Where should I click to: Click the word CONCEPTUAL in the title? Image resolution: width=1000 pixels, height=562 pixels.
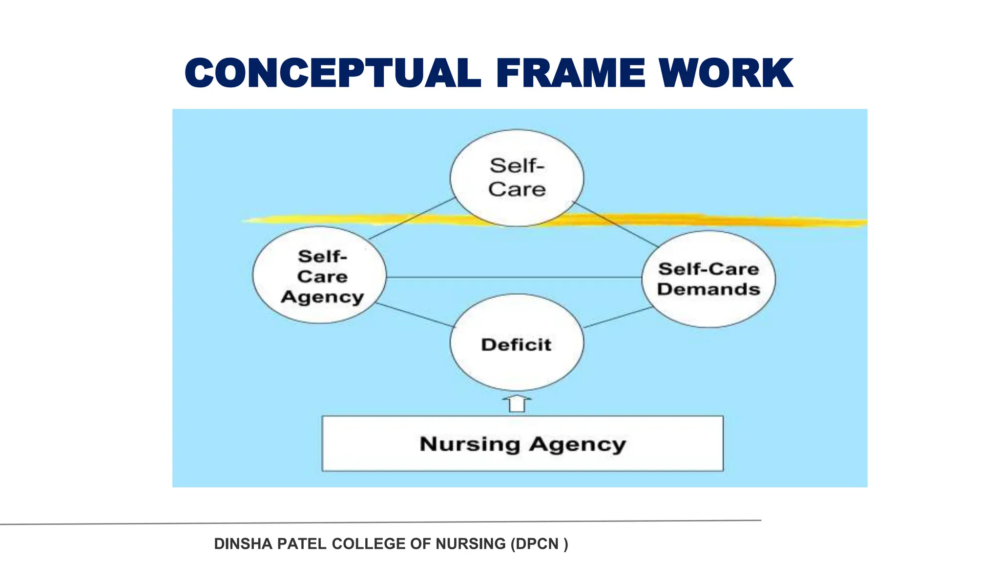[x=333, y=73]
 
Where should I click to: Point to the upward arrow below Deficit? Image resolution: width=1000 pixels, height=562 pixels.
[x=517, y=404]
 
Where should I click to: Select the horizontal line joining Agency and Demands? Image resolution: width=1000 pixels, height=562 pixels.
[x=513, y=277]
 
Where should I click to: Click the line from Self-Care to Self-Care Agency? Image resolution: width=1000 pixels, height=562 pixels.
[x=413, y=219]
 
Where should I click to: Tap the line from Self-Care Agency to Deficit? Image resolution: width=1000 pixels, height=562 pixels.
[x=415, y=315]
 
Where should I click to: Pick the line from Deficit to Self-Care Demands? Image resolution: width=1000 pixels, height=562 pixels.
[x=618, y=317]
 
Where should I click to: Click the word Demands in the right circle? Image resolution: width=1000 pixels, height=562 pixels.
[x=708, y=289]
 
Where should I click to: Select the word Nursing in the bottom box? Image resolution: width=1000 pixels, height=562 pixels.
[x=470, y=444]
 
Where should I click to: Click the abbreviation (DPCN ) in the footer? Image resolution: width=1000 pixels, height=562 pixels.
[x=540, y=544]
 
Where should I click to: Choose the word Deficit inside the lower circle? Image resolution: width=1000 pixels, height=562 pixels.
[x=516, y=345]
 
